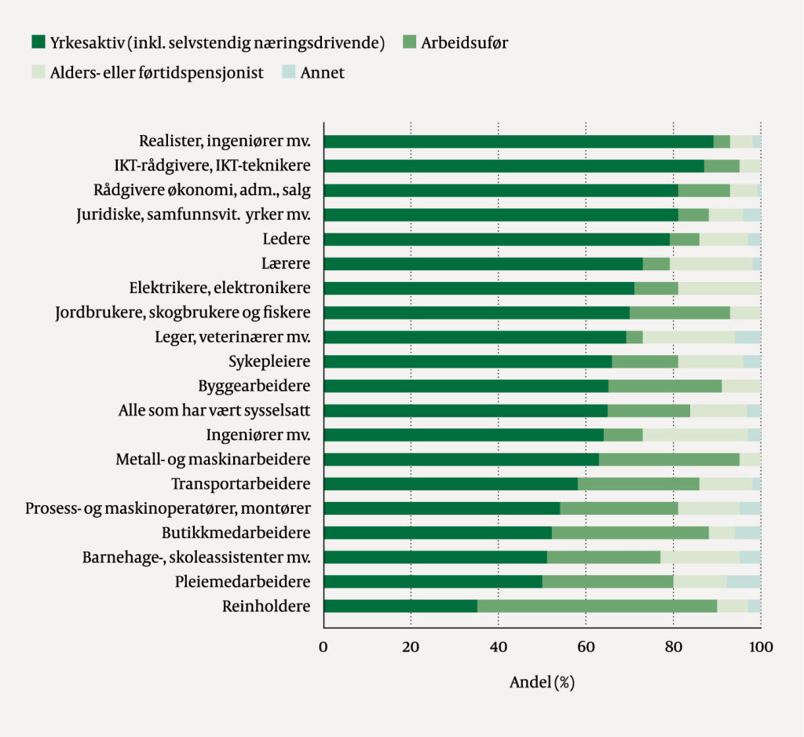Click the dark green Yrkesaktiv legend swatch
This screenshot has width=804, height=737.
[x=38, y=42]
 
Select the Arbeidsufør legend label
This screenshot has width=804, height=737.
[x=463, y=42]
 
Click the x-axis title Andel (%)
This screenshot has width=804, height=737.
[x=542, y=682]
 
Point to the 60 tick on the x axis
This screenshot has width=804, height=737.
[x=586, y=647]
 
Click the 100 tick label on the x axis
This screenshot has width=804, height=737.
[x=760, y=647]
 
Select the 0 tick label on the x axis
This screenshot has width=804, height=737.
[x=323, y=647]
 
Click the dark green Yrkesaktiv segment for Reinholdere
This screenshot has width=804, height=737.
[x=400, y=606]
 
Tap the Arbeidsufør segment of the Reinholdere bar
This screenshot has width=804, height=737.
[x=597, y=606]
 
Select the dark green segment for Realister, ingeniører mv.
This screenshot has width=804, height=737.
[x=518, y=141]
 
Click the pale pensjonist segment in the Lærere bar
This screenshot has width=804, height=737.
[x=711, y=264]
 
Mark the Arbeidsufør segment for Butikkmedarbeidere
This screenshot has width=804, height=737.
[x=630, y=533]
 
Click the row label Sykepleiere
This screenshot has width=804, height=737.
[x=269, y=361]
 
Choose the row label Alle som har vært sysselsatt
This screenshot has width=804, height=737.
[x=214, y=410]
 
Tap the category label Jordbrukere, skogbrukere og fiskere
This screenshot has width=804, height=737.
[x=183, y=313]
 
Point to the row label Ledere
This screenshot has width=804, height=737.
[x=287, y=240]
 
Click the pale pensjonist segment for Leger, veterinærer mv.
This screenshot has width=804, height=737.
[x=689, y=337]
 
